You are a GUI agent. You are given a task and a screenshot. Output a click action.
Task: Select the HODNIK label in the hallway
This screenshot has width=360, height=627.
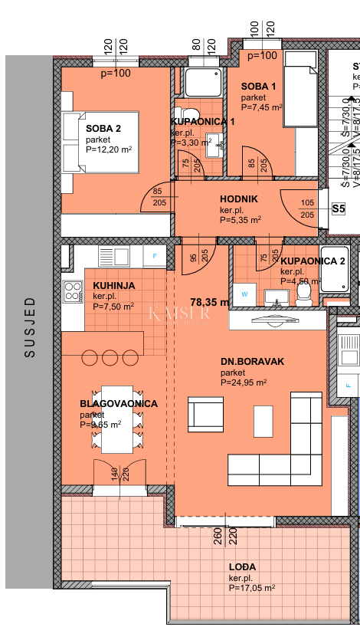[239, 199]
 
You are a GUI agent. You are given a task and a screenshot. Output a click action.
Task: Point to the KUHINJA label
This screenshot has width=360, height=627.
[114, 285]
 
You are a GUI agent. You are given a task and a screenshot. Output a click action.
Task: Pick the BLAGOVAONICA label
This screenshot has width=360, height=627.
[118, 403]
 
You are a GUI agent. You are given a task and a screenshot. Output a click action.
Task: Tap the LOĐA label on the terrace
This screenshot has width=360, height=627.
[243, 567]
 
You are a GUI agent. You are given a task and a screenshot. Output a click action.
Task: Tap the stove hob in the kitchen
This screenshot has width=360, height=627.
[73, 291]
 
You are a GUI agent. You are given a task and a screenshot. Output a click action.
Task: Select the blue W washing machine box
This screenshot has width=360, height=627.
[245, 293]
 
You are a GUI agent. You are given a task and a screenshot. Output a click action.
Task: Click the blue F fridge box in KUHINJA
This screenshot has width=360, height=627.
[155, 255]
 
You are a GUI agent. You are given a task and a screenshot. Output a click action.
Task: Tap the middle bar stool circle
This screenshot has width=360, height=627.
[107, 356]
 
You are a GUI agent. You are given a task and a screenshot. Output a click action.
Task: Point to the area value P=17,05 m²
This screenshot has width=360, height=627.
[251, 588]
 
